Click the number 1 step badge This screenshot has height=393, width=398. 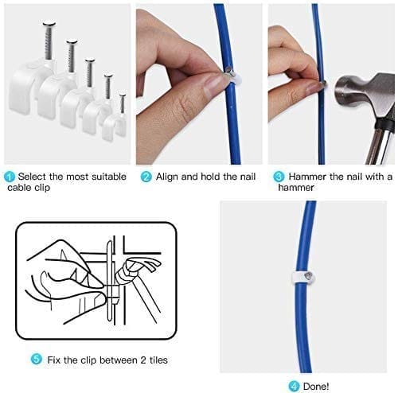coord(10,177)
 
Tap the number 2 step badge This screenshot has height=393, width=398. coord(146,177)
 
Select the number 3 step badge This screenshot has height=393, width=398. coord(278,177)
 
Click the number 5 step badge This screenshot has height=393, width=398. coord(36,359)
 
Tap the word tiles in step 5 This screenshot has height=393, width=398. coord(158,359)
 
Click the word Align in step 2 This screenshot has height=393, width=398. coord(167,177)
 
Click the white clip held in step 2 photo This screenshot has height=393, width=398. coord(229,76)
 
